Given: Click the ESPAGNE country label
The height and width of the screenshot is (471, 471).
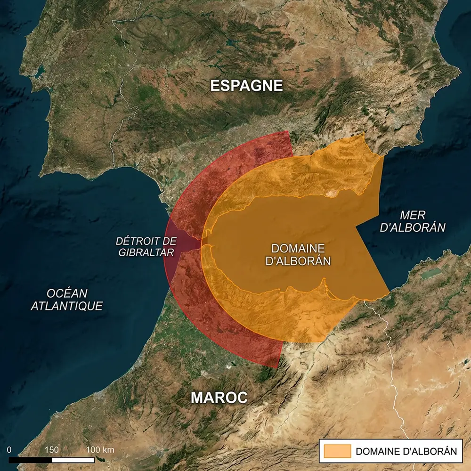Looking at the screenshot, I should point(246,86).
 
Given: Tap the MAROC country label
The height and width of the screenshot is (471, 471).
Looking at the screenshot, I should point(219,398).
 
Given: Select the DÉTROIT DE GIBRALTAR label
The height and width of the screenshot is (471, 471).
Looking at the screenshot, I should point(146,247).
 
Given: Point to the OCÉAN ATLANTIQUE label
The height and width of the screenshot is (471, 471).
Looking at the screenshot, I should point(66,299).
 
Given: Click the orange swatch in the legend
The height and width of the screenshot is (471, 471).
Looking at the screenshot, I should point(337,451).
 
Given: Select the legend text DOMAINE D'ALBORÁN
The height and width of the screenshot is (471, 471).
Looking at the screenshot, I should point(406,451).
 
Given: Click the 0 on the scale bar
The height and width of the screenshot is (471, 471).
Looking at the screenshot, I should point(9,449).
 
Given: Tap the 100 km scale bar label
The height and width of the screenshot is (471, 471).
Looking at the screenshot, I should point(100,449).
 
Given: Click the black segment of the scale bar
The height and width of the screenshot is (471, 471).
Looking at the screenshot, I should point(31,459).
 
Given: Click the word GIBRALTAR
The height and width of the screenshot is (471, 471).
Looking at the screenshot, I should point(146,253).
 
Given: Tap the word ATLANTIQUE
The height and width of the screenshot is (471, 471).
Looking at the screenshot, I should point(66,306).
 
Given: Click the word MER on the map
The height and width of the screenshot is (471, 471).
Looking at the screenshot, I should point(413,215).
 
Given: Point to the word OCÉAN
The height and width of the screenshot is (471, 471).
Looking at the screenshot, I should point(67,292).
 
